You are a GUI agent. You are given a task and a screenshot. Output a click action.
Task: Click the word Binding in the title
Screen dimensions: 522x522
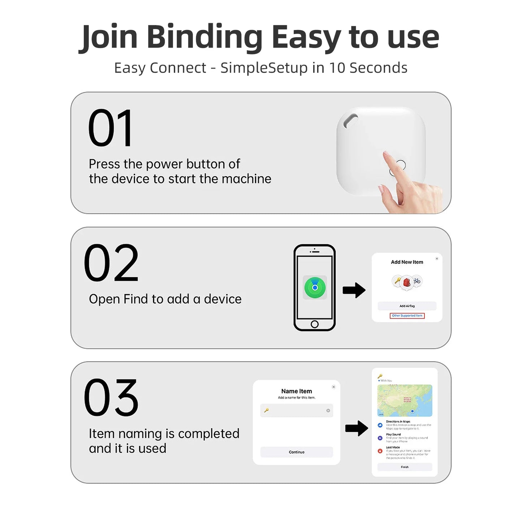(205, 37)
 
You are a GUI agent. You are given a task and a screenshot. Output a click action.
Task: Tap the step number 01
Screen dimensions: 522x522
(110, 128)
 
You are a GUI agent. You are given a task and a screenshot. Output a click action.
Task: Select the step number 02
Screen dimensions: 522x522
(111, 263)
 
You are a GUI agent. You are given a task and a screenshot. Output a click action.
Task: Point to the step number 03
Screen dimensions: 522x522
(111, 398)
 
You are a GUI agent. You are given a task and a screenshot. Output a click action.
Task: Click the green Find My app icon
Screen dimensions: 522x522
(315, 288)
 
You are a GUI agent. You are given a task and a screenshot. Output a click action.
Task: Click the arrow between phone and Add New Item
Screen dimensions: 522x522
(354, 290)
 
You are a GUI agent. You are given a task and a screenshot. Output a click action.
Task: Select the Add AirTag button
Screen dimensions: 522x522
(407, 306)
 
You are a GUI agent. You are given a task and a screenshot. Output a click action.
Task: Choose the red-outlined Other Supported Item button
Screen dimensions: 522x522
(407, 316)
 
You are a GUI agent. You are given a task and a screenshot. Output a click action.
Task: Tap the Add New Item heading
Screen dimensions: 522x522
(407, 262)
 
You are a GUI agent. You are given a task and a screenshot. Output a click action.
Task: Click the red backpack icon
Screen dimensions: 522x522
(407, 282)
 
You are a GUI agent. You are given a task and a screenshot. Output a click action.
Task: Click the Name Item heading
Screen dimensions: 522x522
(297, 391)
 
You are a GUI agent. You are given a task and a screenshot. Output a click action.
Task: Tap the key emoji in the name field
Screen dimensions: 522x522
(267, 410)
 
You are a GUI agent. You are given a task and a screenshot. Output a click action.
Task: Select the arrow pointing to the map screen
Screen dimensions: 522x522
(357, 428)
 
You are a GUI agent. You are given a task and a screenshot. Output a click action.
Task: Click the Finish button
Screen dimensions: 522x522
(405, 467)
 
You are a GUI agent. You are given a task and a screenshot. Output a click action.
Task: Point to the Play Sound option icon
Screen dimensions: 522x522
(380, 438)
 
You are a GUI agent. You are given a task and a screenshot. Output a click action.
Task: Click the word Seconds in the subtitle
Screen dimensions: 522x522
(379, 68)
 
